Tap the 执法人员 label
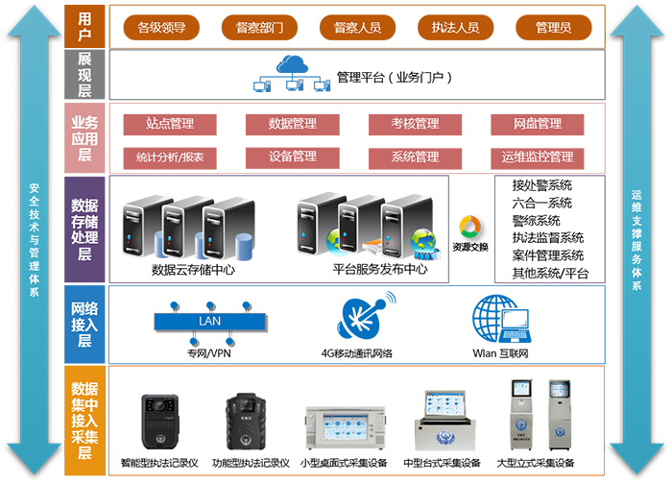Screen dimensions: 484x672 point(456,28)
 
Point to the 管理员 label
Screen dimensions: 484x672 point(554,28)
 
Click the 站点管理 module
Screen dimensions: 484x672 point(170,124)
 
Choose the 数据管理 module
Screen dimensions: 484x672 point(293,124)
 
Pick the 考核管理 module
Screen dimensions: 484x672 point(415,124)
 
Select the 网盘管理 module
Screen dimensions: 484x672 point(538,124)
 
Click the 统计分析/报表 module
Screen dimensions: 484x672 point(170,157)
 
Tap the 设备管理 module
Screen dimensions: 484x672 point(293,157)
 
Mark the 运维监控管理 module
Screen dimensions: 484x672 point(538,157)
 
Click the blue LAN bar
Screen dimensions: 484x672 point(209,321)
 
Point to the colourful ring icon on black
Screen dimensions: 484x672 point(469,228)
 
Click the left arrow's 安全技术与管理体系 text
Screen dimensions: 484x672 point(35,240)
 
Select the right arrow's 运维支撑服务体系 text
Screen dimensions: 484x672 point(636,240)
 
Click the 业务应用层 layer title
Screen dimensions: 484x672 point(84,138)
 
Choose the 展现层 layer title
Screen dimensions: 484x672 point(84,74)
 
